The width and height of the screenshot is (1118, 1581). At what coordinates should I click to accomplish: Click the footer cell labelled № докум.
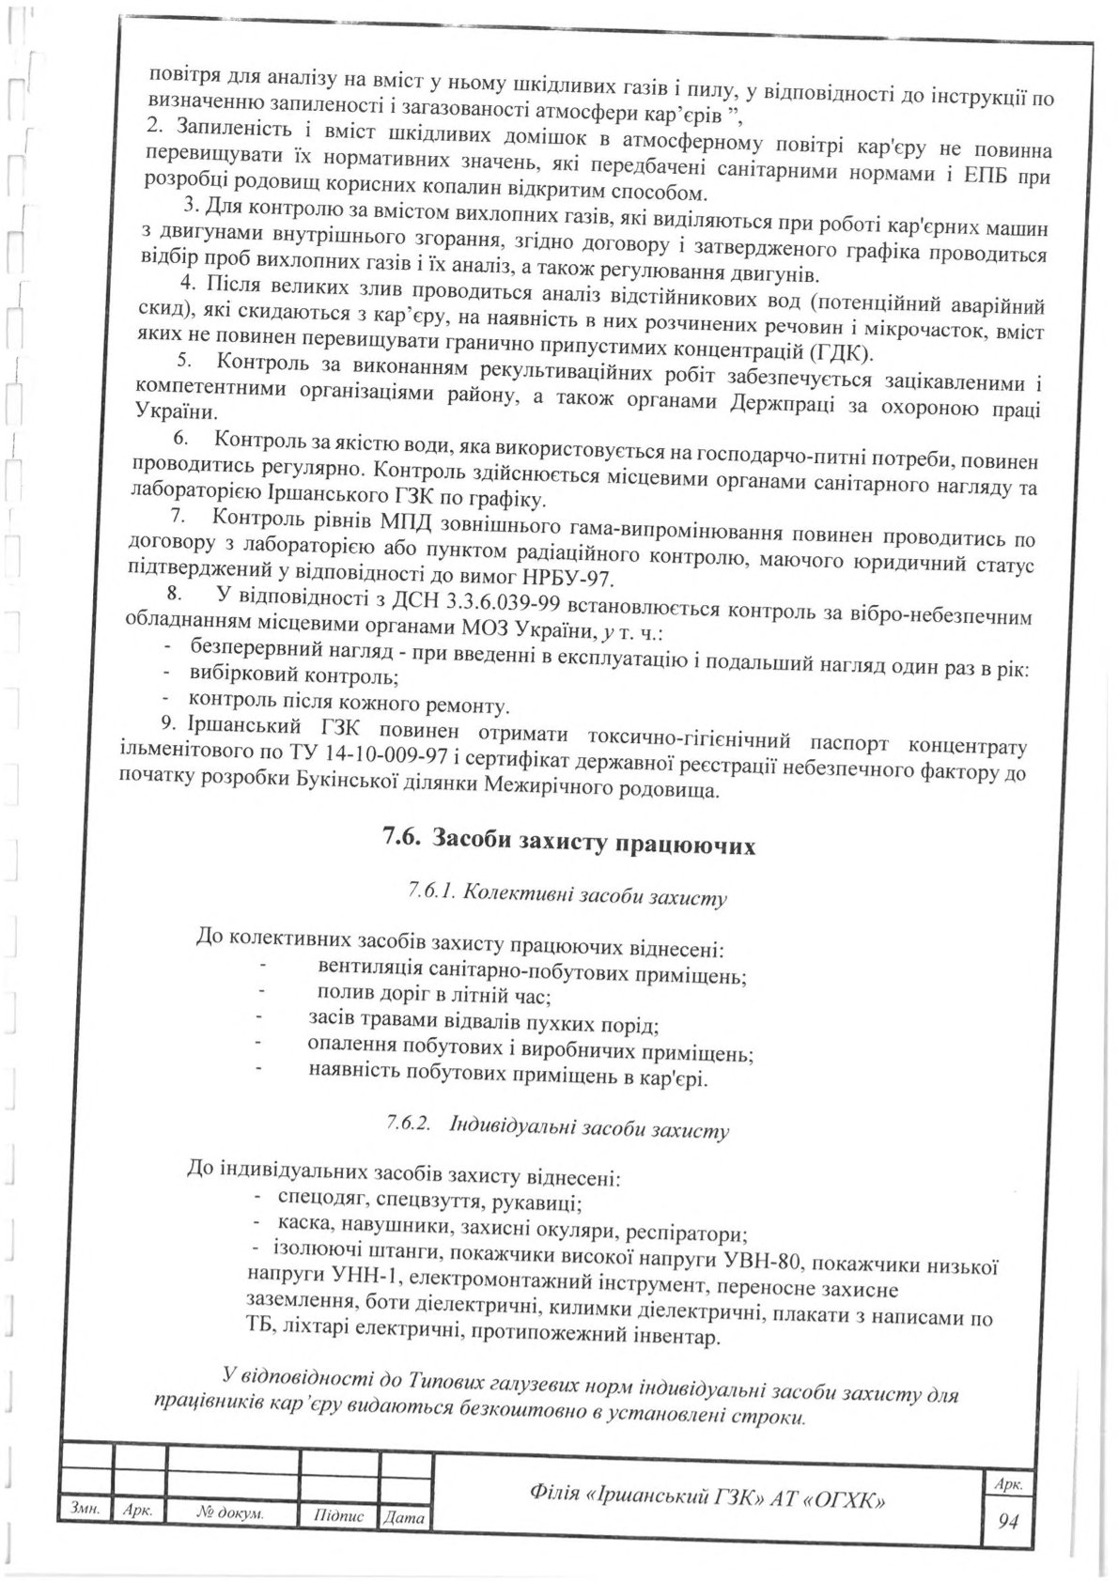click(231, 1515)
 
